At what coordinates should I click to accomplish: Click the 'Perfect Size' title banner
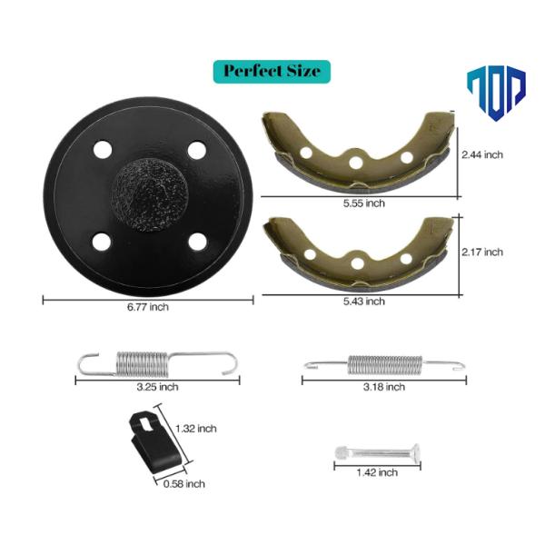(x=272, y=72)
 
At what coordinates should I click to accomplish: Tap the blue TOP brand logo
(x=496, y=94)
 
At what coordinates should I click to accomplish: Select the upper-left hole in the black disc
(x=103, y=150)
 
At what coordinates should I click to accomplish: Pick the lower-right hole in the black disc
(x=197, y=242)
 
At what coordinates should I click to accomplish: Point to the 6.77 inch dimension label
(x=148, y=307)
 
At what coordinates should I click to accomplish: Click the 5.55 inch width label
(x=364, y=203)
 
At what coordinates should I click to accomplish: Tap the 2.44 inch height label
(x=482, y=154)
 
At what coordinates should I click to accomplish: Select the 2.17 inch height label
(x=482, y=252)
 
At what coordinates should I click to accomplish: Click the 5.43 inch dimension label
(x=364, y=302)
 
